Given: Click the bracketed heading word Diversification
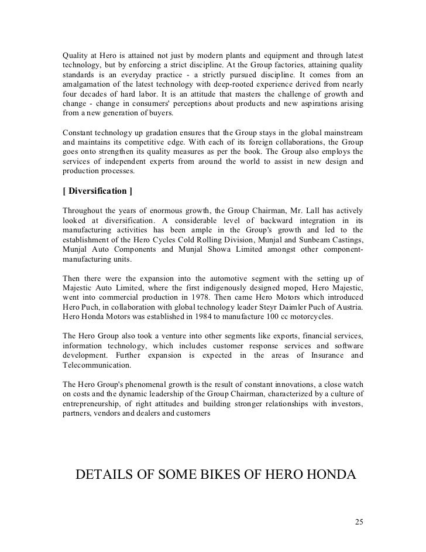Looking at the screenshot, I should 98,191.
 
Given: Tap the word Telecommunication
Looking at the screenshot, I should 96,364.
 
